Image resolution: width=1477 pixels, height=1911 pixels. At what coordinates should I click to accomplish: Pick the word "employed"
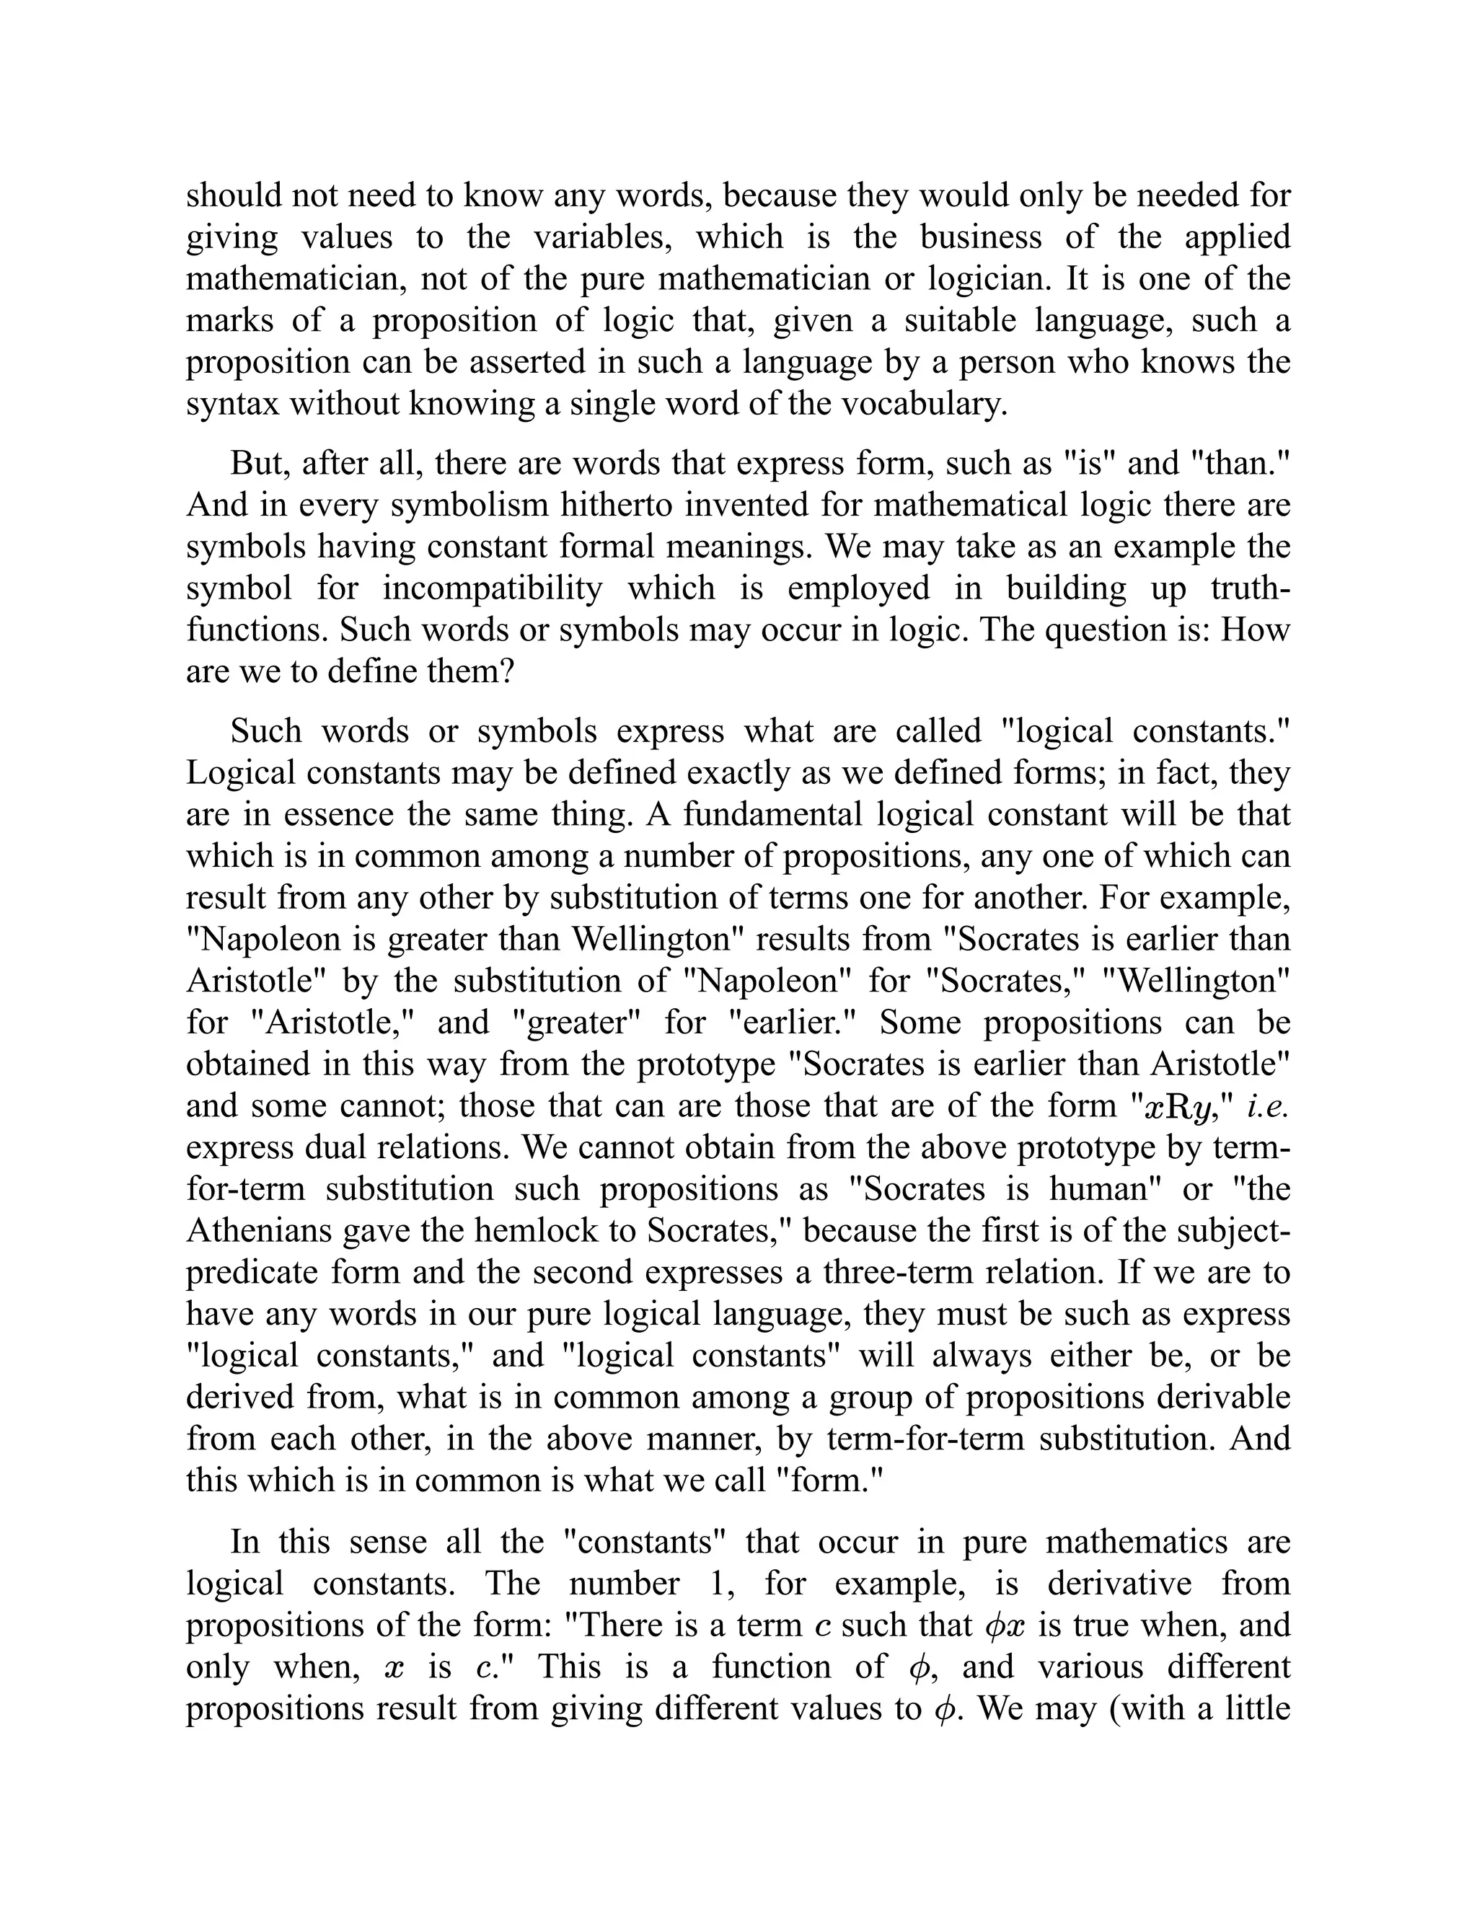858,588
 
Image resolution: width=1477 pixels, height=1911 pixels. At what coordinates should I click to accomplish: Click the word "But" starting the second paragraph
260,463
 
